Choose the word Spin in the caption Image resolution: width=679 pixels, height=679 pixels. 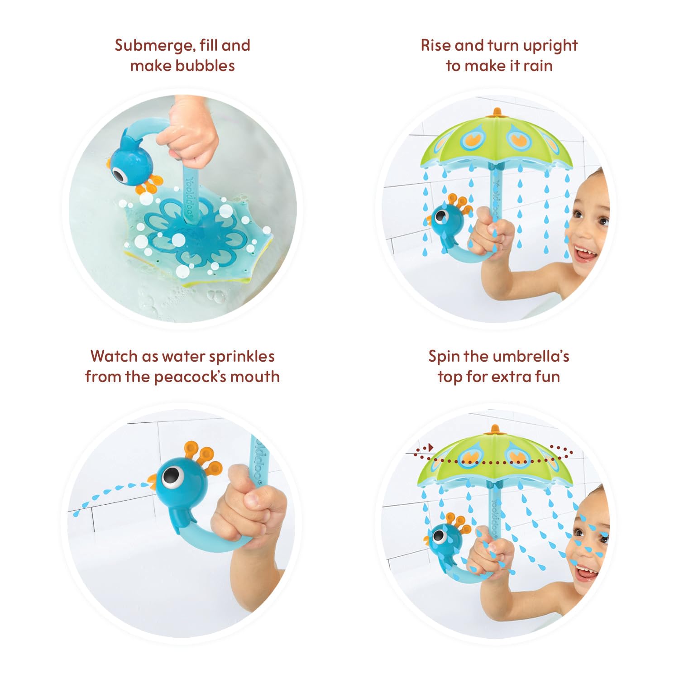click(444, 357)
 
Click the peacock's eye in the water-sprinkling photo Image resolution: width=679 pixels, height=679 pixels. click(171, 475)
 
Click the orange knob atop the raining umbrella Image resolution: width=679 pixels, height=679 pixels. click(497, 111)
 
